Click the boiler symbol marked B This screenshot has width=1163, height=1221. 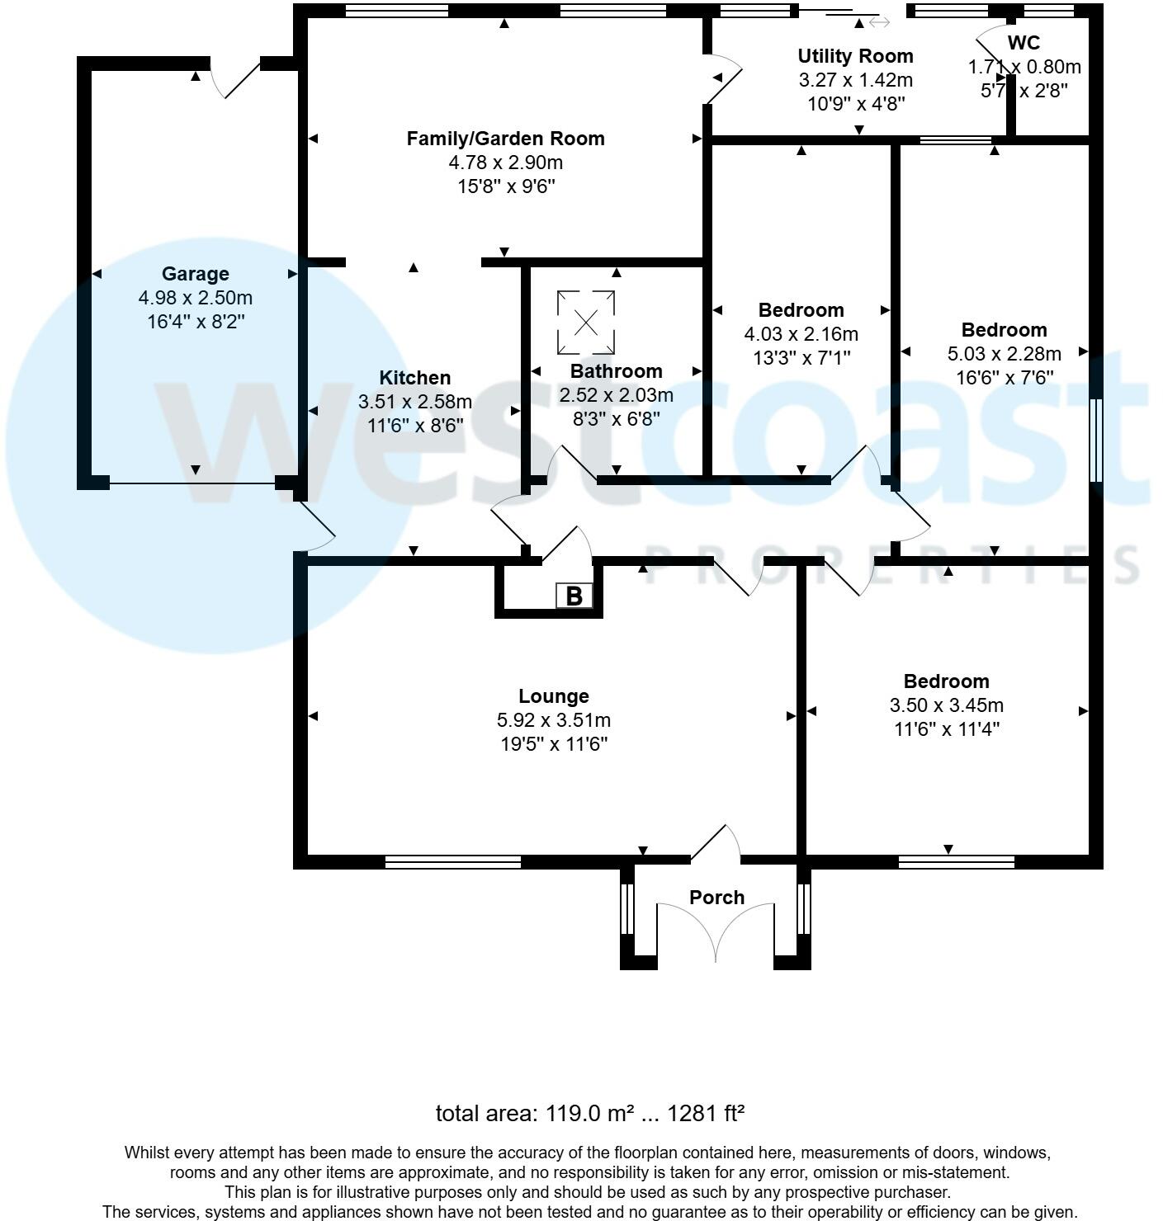[574, 596]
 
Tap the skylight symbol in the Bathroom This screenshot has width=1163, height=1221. [586, 323]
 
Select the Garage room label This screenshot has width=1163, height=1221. [195, 274]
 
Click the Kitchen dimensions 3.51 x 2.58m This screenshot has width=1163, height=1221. [414, 402]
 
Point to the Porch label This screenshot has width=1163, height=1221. [716, 898]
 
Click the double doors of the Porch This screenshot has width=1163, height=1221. [716, 932]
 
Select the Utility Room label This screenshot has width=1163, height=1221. [855, 56]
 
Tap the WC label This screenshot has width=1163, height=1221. [1024, 43]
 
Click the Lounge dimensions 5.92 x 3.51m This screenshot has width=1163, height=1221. [554, 720]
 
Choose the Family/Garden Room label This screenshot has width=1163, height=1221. [505, 139]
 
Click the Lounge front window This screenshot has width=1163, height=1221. [452, 862]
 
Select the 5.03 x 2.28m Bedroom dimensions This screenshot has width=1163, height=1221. [1004, 354]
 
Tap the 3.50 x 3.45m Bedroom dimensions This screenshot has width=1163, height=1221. [946, 705]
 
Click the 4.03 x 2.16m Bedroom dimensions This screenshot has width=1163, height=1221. [801, 334]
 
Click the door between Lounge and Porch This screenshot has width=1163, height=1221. [715, 843]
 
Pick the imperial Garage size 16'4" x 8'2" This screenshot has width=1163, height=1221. [196, 322]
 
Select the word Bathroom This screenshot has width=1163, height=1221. [616, 371]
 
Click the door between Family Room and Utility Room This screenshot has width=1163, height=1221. [723, 78]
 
